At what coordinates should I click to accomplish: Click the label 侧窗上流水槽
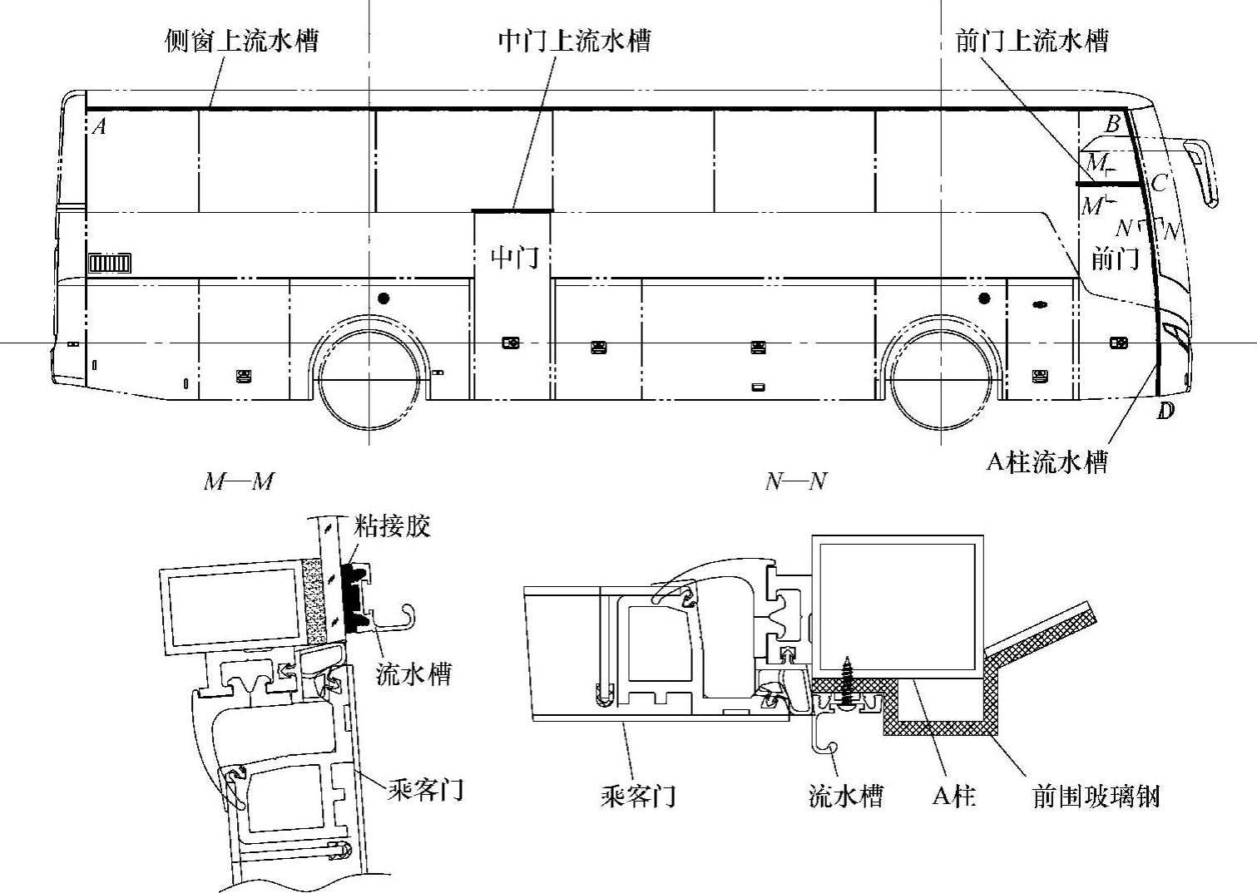point(241,41)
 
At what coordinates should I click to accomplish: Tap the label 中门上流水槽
point(574,41)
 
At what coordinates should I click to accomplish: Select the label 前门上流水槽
point(1032,41)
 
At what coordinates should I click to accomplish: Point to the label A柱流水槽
point(1047,462)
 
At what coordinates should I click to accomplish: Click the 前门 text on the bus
point(1115,259)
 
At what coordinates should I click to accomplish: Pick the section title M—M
point(239,481)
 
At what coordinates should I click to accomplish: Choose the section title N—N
point(796,481)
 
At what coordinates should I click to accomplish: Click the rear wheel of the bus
point(368,381)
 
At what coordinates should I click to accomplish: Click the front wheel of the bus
point(941,381)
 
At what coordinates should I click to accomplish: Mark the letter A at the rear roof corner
point(99,127)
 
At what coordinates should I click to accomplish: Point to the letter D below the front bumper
point(1165,411)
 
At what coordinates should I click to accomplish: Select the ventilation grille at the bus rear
point(110,264)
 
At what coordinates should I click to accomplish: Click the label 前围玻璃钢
point(1095,797)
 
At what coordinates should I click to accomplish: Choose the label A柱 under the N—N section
point(953,797)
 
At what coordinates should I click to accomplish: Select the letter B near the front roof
point(1112,125)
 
